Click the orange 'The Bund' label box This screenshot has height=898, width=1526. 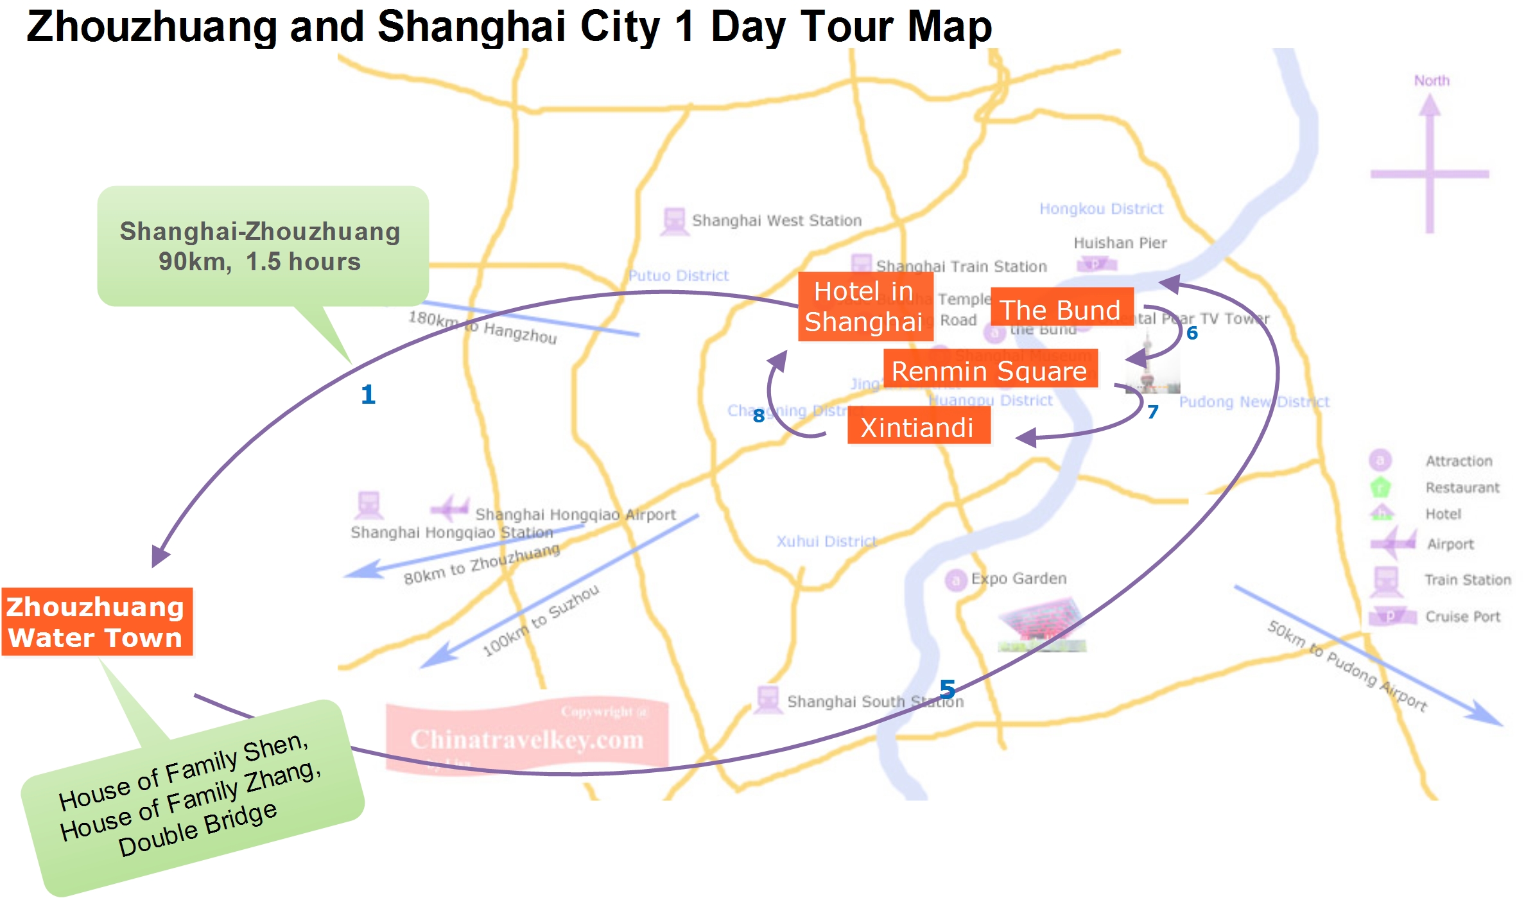click(x=1061, y=309)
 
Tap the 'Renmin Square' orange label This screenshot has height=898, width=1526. click(x=989, y=370)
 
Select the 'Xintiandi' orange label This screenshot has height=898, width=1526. click(x=917, y=427)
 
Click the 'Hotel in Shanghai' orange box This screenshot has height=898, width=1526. click(x=864, y=306)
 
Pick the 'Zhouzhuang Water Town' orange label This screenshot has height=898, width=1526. click(x=96, y=621)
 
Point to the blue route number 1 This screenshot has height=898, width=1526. click(x=368, y=394)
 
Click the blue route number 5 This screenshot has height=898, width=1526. click(x=948, y=689)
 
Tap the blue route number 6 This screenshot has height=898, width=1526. click(x=1192, y=333)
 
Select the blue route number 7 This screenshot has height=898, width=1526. click(x=1153, y=411)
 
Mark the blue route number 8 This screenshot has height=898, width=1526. click(x=759, y=416)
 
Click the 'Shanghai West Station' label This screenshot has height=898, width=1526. click(x=776, y=220)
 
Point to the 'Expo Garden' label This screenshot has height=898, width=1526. click(x=1018, y=578)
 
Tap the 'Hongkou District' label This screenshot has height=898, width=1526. click(x=1101, y=209)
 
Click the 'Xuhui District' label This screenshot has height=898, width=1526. click(x=826, y=541)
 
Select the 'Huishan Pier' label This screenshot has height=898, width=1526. click(x=1120, y=243)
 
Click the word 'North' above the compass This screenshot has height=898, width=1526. click(x=1432, y=80)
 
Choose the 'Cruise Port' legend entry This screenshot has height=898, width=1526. click(x=1462, y=616)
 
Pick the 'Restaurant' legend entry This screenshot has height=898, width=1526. click(x=1462, y=487)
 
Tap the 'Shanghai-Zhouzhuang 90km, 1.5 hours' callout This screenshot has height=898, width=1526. click(x=260, y=246)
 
